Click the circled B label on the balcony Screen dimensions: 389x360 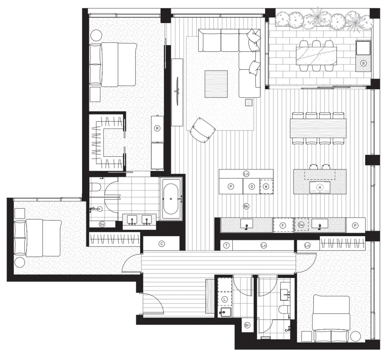point(363,63)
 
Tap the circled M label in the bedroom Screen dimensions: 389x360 point(157,129)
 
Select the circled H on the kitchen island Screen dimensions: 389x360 point(320,188)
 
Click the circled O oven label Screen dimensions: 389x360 point(252,187)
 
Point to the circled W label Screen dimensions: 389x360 point(266,187)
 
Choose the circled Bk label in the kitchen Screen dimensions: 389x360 point(246,206)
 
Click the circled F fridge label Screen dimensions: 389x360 point(283,225)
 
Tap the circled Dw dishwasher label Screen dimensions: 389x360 point(301,225)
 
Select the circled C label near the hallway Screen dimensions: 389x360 point(162,244)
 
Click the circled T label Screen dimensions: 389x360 point(227,246)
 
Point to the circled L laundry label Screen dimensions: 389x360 point(225,300)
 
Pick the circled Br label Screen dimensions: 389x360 point(247,325)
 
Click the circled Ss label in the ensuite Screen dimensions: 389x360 point(102,224)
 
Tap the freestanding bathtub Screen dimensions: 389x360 point(171,199)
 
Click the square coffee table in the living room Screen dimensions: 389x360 point(216,84)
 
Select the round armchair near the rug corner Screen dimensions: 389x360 point(202,130)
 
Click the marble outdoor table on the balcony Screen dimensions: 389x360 point(316,56)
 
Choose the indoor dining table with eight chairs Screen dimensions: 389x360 point(318,128)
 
